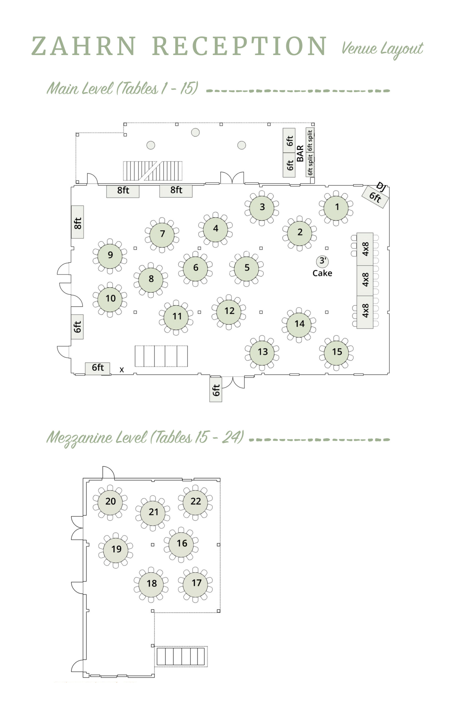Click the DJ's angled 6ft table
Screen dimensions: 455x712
coord(375,197)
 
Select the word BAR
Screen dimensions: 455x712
coord(300,154)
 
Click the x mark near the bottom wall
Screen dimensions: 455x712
coord(122,370)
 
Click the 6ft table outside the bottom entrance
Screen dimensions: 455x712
coord(216,390)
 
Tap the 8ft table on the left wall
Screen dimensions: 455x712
coord(77,222)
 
